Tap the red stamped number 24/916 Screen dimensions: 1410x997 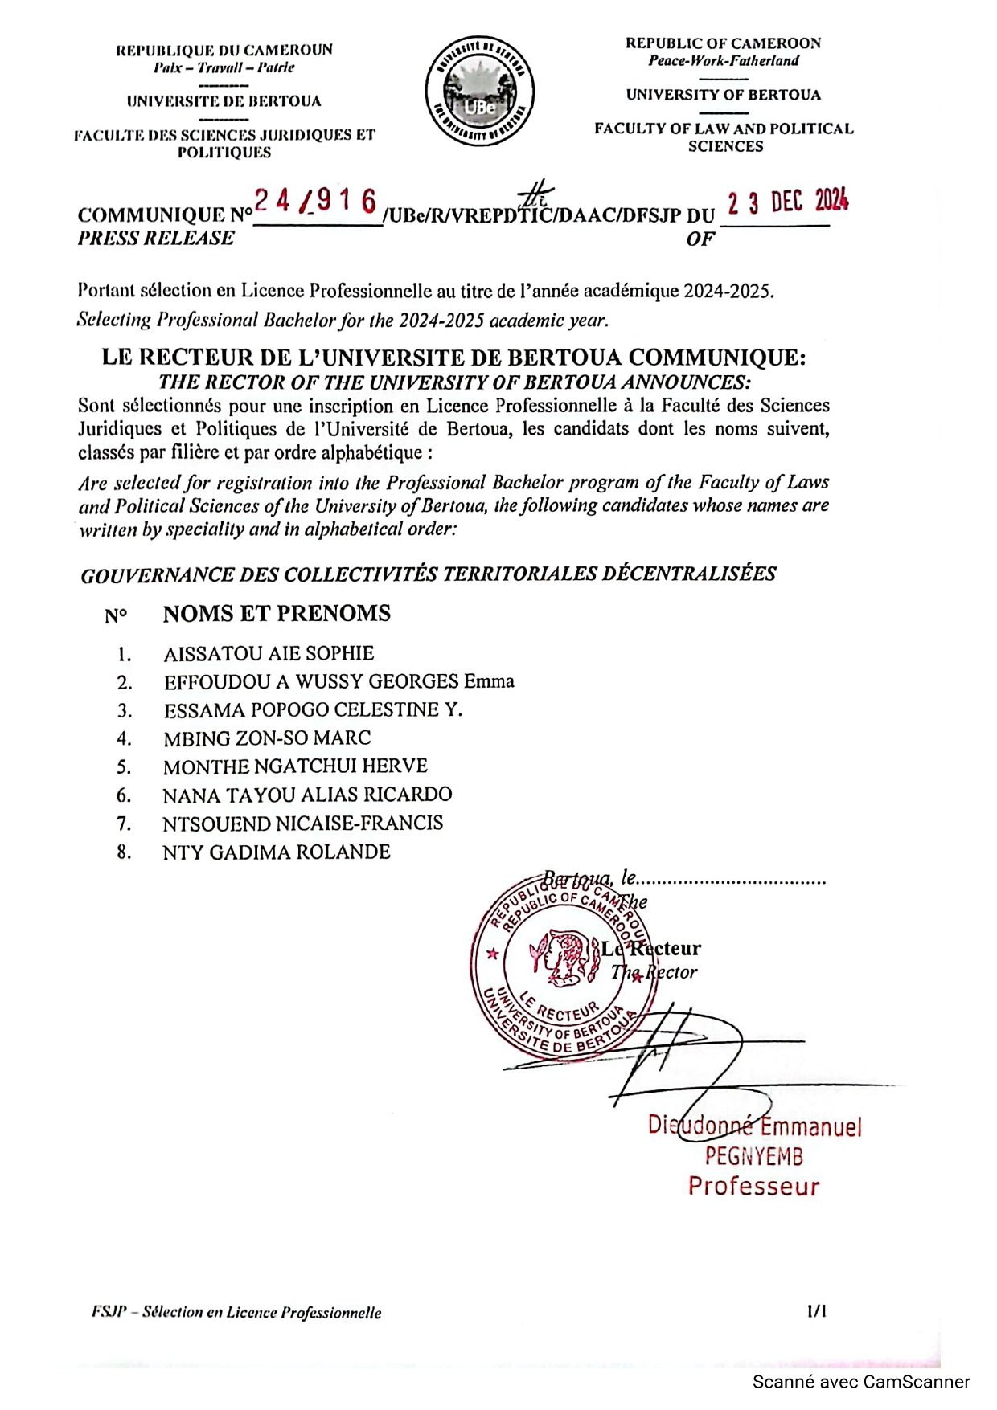tap(316, 202)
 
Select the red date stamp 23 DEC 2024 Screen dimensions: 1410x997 tap(787, 201)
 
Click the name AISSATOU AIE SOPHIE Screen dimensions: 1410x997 tap(269, 654)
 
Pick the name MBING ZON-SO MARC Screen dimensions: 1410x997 tap(267, 738)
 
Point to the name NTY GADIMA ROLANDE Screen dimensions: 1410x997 tap(277, 852)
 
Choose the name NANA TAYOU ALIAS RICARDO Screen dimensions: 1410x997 tap(307, 795)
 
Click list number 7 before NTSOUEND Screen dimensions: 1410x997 tap(123, 824)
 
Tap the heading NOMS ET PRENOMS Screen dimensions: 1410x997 tap(277, 614)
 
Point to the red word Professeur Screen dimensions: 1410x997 tap(753, 1187)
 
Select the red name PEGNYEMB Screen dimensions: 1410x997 tap(753, 1157)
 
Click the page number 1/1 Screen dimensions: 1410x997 tap(817, 1311)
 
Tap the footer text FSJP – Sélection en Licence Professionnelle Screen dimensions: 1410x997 tap(236, 1313)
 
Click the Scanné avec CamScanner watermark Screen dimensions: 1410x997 tap(861, 1382)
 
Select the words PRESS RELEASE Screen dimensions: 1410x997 tap(156, 239)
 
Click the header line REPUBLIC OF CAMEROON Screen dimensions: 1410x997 tap(724, 43)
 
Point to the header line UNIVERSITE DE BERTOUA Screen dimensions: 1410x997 tap(224, 101)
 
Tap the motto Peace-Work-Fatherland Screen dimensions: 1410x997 tap(724, 61)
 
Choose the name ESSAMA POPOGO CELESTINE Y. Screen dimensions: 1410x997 tap(313, 710)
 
